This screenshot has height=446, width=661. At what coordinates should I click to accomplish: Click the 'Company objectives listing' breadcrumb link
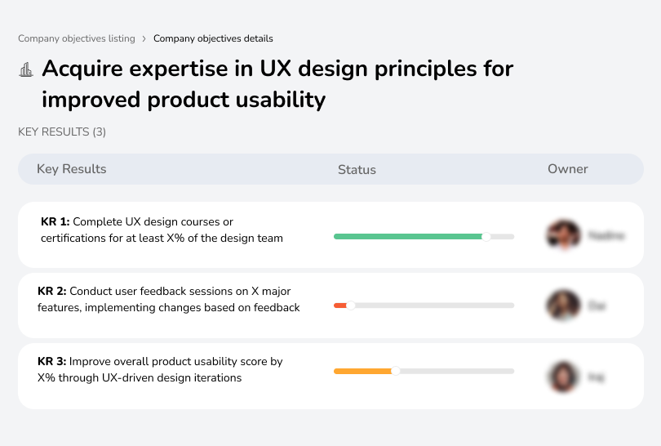click(x=77, y=38)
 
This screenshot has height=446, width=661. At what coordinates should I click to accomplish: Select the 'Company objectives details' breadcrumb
click(x=213, y=38)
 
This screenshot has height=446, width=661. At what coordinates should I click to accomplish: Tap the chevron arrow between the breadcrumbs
click(x=144, y=38)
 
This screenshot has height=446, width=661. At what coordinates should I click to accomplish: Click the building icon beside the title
click(x=26, y=69)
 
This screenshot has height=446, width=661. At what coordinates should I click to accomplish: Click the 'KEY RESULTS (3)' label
click(x=62, y=132)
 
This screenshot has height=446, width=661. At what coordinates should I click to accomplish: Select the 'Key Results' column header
click(x=71, y=169)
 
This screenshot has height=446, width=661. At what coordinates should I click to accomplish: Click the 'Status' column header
click(x=357, y=170)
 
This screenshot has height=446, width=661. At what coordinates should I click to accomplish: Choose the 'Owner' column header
click(x=568, y=169)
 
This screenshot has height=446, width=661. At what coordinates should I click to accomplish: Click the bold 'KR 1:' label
click(x=55, y=222)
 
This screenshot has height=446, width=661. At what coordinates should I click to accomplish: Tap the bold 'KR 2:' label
click(x=52, y=292)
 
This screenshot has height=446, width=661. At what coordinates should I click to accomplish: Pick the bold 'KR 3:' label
click(x=52, y=361)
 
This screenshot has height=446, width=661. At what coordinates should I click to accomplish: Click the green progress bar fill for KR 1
click(x=408, y=237)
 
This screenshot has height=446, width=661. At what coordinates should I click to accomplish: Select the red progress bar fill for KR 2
click(x=339, y=306)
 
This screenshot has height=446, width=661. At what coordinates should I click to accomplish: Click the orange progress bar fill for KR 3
click(x=362, y=371)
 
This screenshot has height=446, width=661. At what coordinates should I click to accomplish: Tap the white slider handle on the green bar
click(x=486, y=237)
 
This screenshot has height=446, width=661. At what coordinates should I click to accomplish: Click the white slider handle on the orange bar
click(x=395, y=371)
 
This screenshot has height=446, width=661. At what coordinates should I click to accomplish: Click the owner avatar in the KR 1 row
click(x=563, y=235)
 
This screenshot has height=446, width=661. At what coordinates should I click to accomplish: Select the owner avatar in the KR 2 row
click(x=563, y=306)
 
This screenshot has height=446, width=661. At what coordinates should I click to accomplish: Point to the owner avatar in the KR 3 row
click(x=563, y=377)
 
